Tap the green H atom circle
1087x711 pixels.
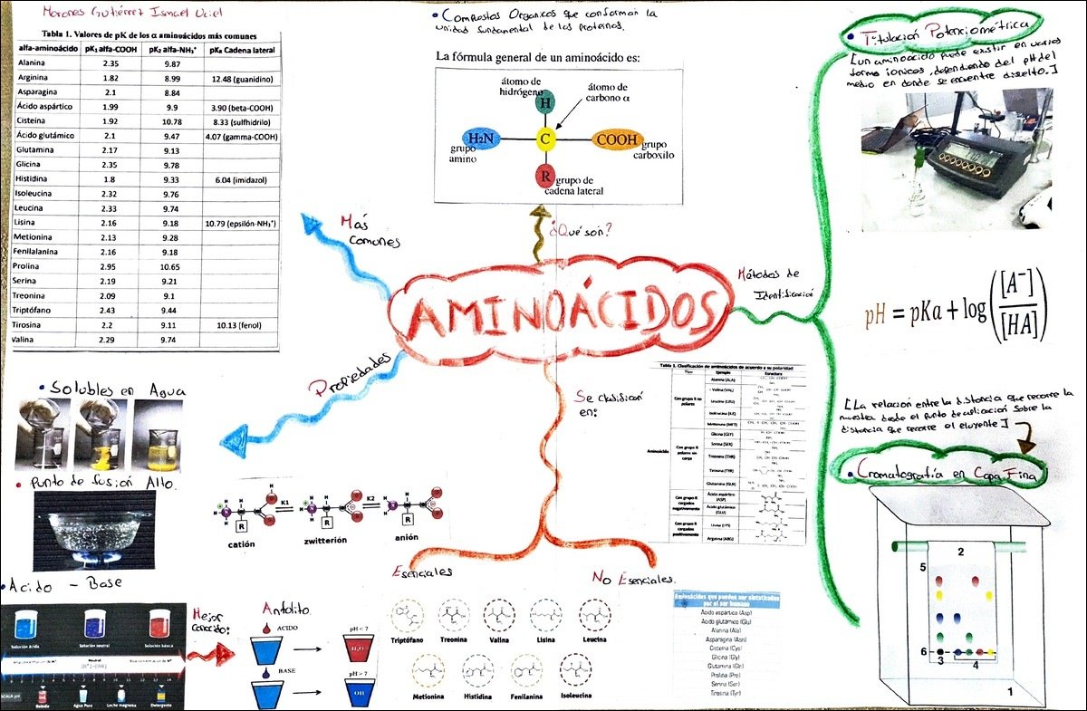[x=545, y=102]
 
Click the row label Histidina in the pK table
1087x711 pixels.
[x=36, y=179]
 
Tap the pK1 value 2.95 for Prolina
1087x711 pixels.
[x=111, y=267]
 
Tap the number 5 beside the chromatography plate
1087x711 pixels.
[x=922, y=568]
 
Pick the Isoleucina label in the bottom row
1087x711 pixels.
[x=597, y=699]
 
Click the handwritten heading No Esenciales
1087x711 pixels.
[x=633, y=579]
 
